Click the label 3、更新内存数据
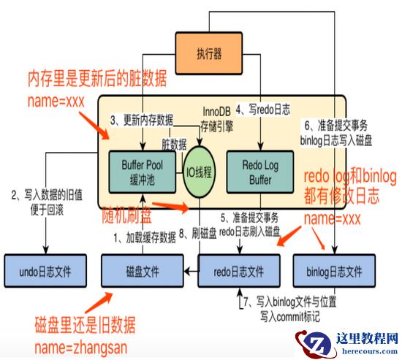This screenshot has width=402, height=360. [142, 119]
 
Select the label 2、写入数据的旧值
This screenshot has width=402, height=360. [48, 196]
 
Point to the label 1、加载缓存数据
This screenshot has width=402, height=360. [145, 237]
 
